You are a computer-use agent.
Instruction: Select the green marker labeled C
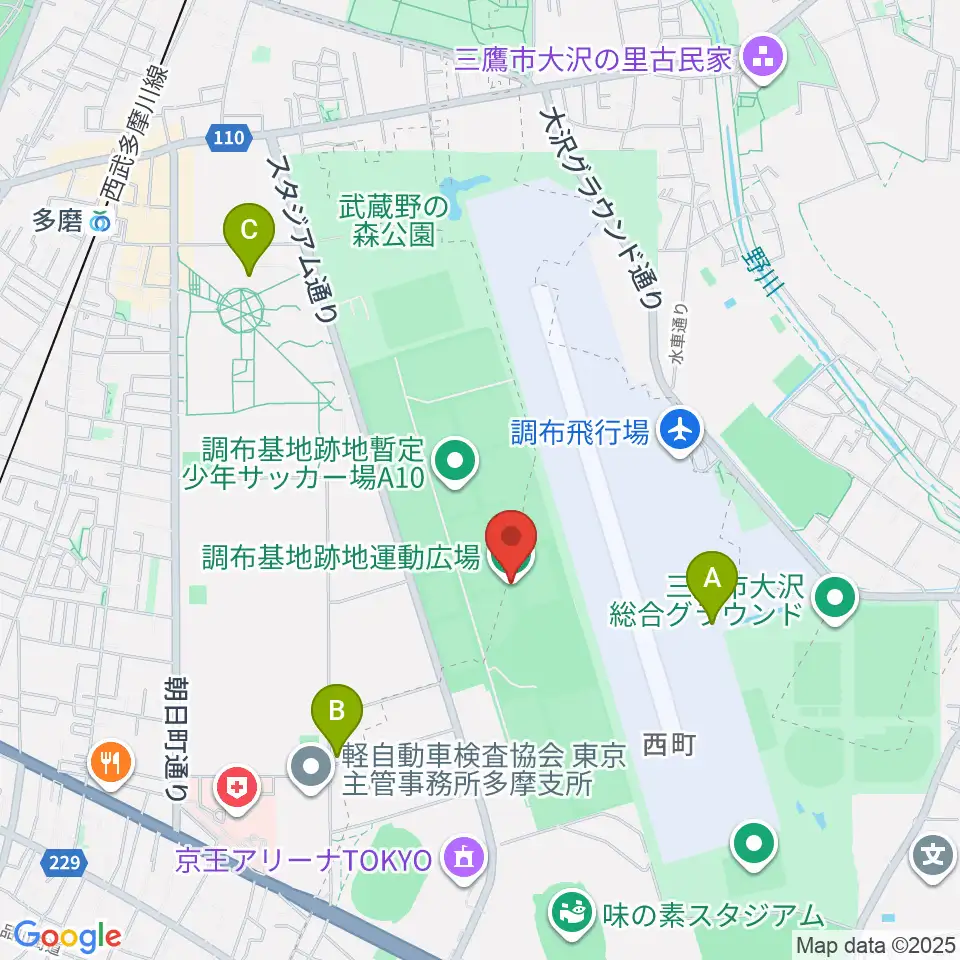pyautogui.click(x=249, y=237)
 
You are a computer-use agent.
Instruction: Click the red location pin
pyautogui.click(x=511, y=545)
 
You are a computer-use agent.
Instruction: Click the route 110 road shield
pyautogui.click(x=229, y=138)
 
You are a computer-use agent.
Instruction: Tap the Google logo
pyautogui.click(x=67, y=937)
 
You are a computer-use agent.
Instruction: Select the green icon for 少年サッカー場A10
pyautogui.click(x=456, y=461)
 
